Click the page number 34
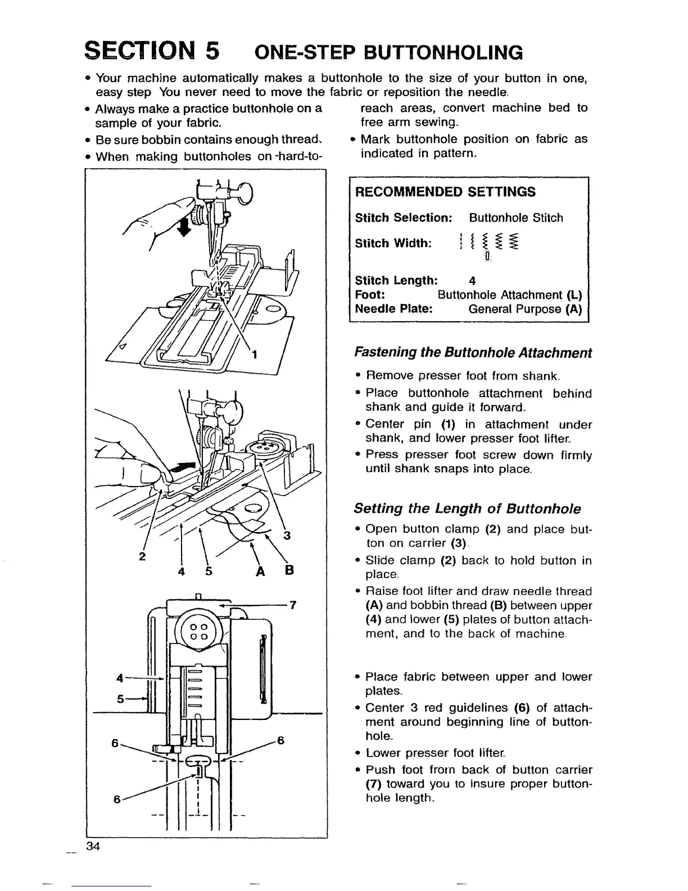click(x=93, y=847)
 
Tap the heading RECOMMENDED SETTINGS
click(x=445, y=192)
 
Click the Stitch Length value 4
click(x=472, y=281)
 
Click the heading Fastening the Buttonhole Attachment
click(x=473, y=353)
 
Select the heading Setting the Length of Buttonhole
click(x=467, y=509)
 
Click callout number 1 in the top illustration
click(x=255, y=354)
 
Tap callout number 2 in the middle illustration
click(x=142, y=557)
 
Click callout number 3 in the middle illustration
click(x=287, y=535)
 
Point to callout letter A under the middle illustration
click(x=260, y=571)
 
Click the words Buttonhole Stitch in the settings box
click(x=515, y=218)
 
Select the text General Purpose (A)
click(x=524, y=309)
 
